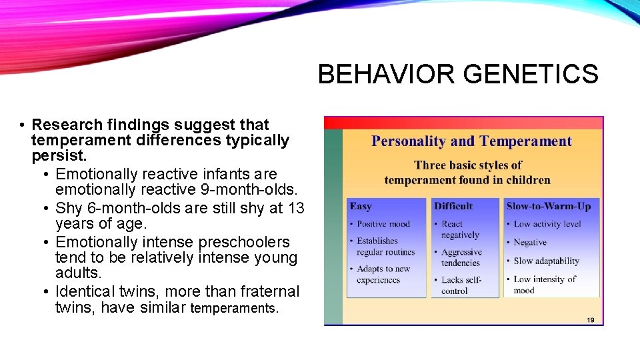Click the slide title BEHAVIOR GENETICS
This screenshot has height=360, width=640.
click(458, 74)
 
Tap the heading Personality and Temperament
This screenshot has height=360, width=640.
click(471, 141)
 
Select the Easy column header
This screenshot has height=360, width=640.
click(361, 206)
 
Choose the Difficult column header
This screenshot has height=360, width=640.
click(453, 206)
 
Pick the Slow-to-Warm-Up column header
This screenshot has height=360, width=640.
click(548, 206)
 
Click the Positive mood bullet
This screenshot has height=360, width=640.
click(383, 224)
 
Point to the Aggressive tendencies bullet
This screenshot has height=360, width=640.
click(461, 257)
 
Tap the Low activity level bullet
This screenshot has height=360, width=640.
click(547, 224)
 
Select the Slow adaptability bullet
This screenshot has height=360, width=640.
click(546, 261)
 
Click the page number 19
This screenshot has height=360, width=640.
click(590, 320)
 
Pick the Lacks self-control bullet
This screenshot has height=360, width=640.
click(461, 285)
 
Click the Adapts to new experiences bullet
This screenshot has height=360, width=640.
click(383, 275)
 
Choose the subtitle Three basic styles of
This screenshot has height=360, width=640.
click(467, 165)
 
